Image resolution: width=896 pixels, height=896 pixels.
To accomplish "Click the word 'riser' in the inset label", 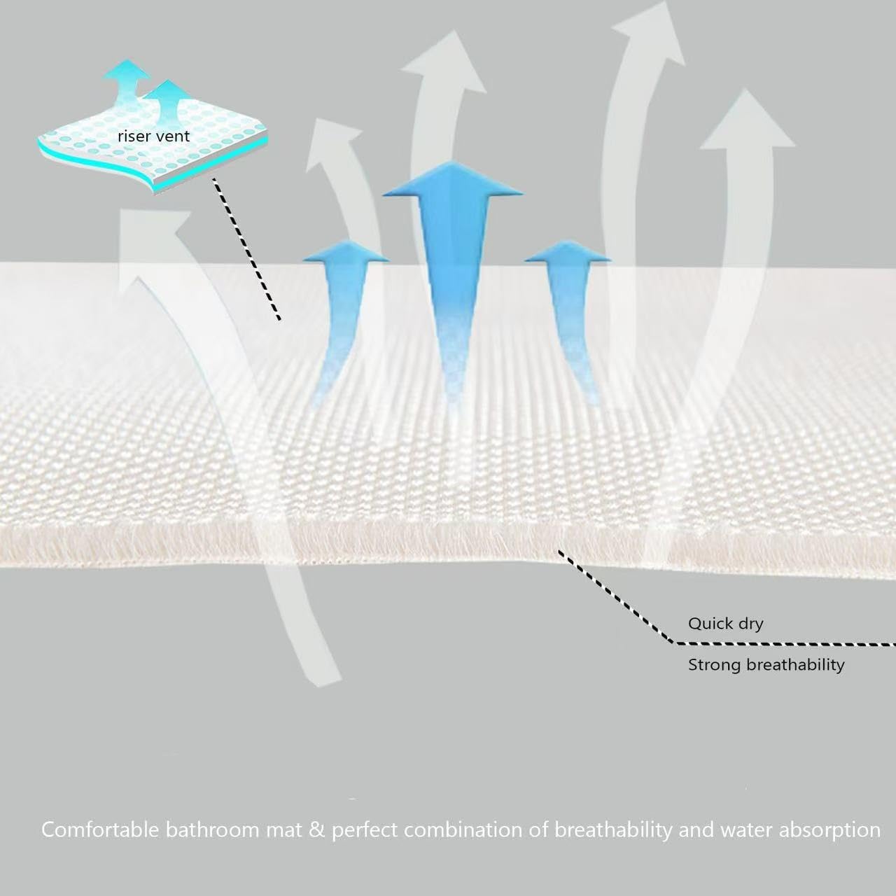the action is click(x=132, y=136).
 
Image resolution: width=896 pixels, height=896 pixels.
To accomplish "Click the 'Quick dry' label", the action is click(x=726, y=624).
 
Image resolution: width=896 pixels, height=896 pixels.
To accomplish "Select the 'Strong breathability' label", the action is click(x=766, y=665).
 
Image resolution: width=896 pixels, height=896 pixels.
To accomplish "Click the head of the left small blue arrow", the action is click(x=346, y=251).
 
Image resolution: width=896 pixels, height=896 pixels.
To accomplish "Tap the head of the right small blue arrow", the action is click(x=568, y=251).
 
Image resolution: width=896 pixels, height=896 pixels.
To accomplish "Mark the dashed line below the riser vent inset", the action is click(x=247, y=249).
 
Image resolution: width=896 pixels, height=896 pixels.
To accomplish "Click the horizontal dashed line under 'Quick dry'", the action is click(x=784, y=644).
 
